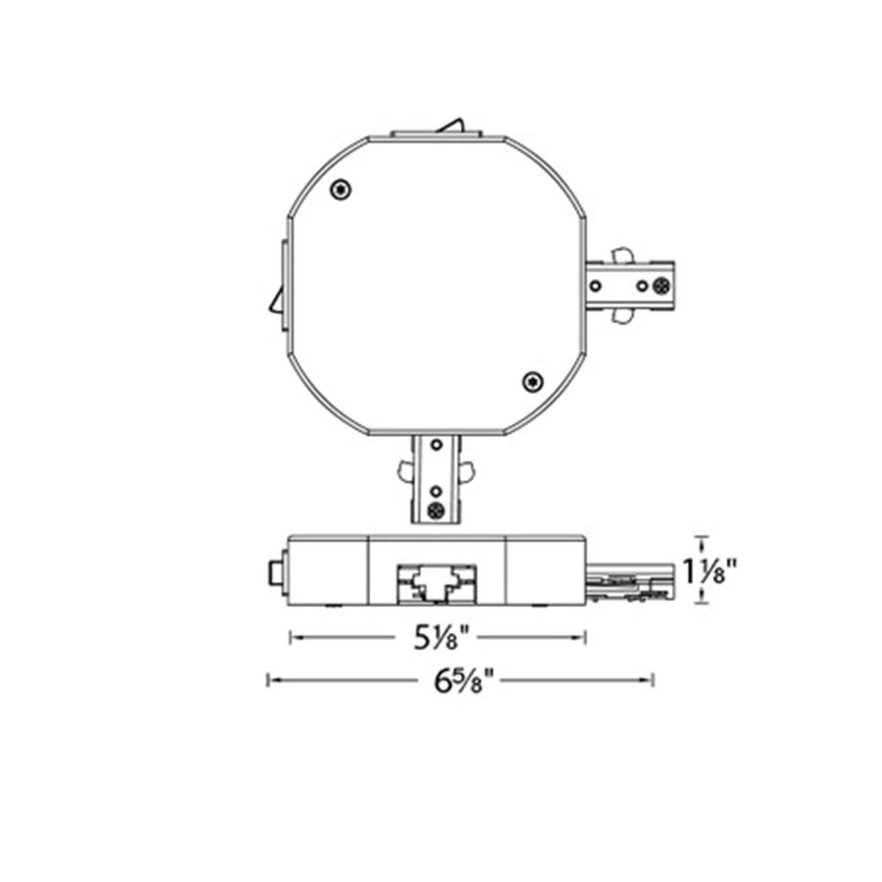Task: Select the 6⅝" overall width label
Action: pyautogui.click(x=461, y=681)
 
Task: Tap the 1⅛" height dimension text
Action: pyautogui.click(x=710, y=570)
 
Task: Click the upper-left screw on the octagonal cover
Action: pyautogui.click(x=340, y=190)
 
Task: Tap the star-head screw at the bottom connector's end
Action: pyautogui.click(x=436, y=509)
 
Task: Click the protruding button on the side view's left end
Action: pyautogui.click(x=273, y=574)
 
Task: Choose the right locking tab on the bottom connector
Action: pyautogui.click(x=466, y=469)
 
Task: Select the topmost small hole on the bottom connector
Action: pyautogui.click(x=436, y=445)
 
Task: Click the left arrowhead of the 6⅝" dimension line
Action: pyautogui.click(x=269, y=681)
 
